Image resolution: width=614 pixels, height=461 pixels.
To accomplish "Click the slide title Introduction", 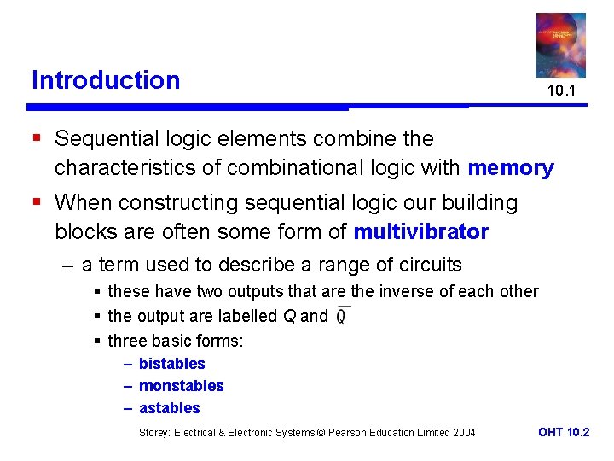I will tap(106, 80).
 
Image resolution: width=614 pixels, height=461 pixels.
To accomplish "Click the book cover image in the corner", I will tap(560, 44).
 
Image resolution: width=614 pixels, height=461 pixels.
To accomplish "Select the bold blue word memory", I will tap(511, 168).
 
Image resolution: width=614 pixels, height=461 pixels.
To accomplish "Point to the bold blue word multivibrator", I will tap(421, 232).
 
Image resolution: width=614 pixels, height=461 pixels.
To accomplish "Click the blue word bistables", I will tap(171, 364).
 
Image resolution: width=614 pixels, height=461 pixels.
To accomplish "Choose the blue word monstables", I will tap(181, 386).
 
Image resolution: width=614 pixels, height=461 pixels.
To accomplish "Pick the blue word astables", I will tap(169, 408).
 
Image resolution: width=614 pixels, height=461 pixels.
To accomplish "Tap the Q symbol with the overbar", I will tap(341, 316).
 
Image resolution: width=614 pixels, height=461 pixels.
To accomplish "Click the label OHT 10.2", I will tap(564, 432).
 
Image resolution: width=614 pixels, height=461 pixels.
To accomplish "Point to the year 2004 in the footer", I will tap(464, 433).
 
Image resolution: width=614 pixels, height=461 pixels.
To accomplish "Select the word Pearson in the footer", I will tap(350, 433).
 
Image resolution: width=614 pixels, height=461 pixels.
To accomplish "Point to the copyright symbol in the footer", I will tap(321, 433).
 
